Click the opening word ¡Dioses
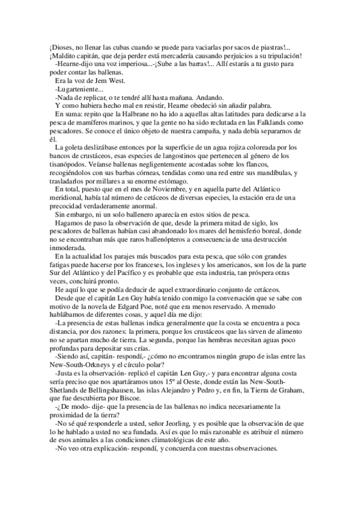tap(61, 48)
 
